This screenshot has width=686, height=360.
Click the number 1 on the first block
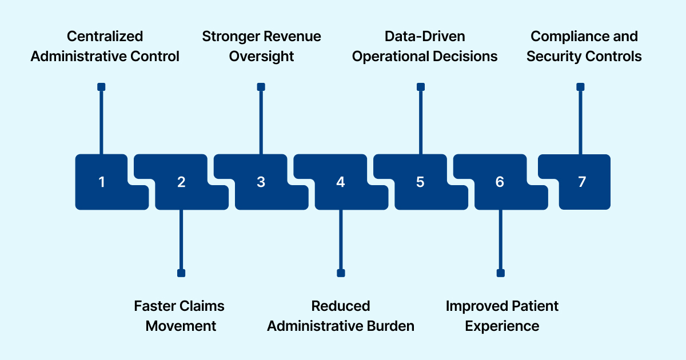tap(102, 182)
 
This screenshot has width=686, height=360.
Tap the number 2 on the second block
tap(181, 182)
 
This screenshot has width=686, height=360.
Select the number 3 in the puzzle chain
tap(261, 182)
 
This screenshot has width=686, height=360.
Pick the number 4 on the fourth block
tap(341, 182)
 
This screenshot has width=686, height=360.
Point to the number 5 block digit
tap(420, 182)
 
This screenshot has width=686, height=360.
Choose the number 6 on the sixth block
tap(500, 182)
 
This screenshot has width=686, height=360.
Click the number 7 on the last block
tap(581, 182)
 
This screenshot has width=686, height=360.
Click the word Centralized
tap(105, 37)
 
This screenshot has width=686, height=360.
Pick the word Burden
tap(390, 326)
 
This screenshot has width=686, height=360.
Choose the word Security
tap(553, 57)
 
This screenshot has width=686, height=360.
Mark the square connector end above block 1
tap(101, 87)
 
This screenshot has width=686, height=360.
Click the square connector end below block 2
tap(181, 273)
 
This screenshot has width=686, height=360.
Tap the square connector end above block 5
tap(421, 87)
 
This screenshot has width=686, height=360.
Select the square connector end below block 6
tap(501, 273)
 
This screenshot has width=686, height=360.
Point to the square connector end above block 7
tap(580, 87)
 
